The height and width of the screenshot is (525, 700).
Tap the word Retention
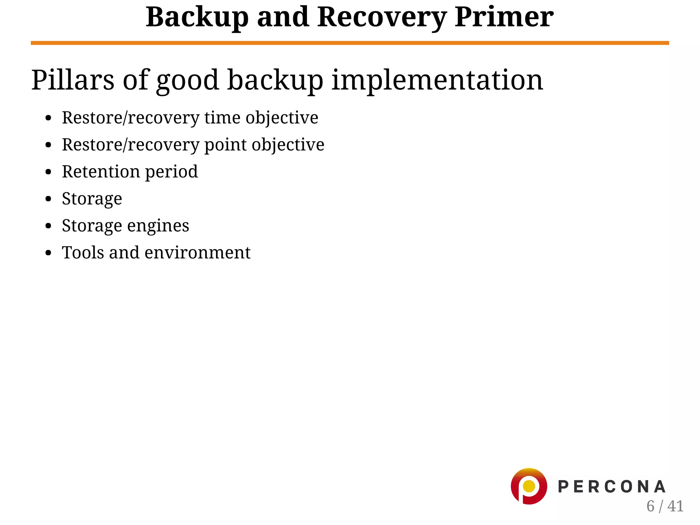click(x=101, y=171)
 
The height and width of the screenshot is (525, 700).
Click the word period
click(x=172, y=172)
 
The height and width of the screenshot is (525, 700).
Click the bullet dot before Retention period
click(x=48, y=172)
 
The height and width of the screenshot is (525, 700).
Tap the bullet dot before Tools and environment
click(x=48, y=253)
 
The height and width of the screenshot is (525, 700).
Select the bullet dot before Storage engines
click(x=48, y=226)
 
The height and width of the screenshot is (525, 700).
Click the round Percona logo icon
click(x=529, y=486)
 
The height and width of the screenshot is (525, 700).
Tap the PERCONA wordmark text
click(x=611, y=487)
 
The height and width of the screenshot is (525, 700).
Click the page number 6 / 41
click(x=664, y=506)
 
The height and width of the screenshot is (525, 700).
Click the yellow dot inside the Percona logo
click(x=529, y=486)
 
